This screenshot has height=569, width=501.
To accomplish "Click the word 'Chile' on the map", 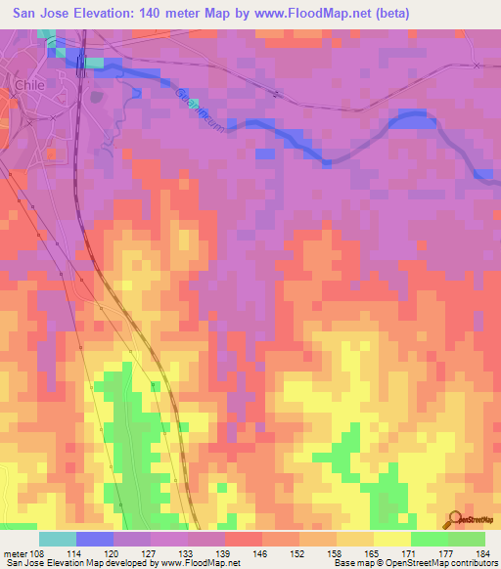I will pos(25,85).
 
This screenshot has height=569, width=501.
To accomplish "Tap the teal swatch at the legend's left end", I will pos(58,538).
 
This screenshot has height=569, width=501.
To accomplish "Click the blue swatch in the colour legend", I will pos(95,538).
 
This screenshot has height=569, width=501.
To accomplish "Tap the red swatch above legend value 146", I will pos(244,538).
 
